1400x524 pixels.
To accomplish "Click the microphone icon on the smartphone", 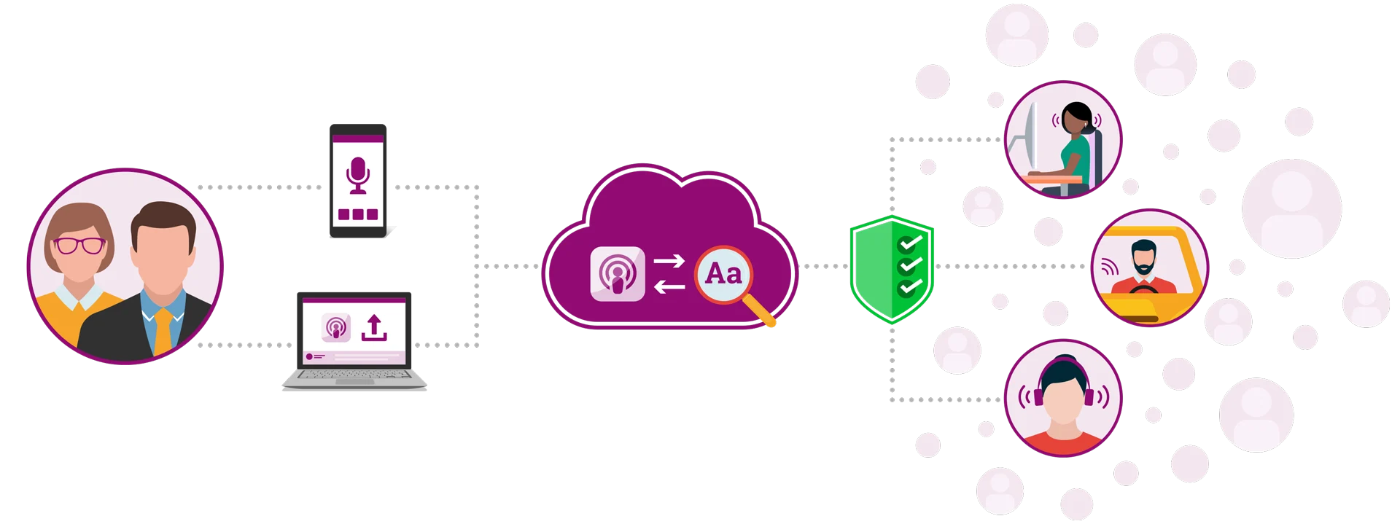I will pos(357,175).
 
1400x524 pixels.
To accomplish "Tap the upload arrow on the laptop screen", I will pos(374,328).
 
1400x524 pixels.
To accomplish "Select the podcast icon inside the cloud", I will pos(618,274).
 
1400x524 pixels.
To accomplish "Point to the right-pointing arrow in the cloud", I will pos(669,260).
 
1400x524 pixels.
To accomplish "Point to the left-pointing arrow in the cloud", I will pos(669,287).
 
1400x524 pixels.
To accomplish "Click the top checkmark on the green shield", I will pos(910,242).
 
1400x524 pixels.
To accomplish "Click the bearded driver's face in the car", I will pos(1143,259).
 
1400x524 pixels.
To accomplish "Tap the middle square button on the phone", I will pos(357,215).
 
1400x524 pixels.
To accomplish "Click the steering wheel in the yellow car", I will pos(1143,291).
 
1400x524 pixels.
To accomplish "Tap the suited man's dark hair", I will pos(163,219).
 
